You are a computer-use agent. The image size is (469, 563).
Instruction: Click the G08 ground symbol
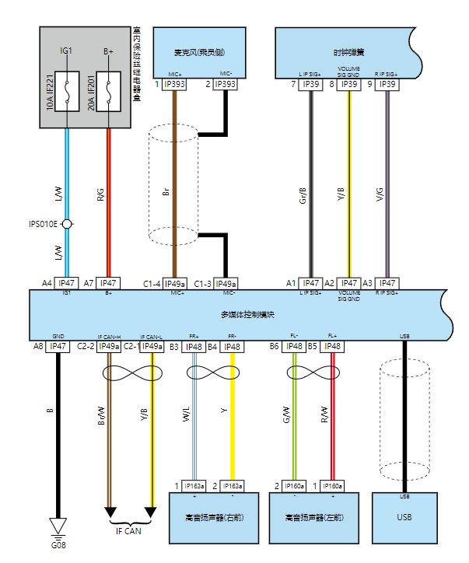click(x=58, y=526)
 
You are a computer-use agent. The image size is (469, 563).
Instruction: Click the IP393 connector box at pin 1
click(x=173, y=84)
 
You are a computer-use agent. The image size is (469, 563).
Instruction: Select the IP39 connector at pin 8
click(x=349, y=84)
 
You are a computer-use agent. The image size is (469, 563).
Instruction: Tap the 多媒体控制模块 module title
click(x=243, y=315)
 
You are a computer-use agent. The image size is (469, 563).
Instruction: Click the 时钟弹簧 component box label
click(x=349, y=53)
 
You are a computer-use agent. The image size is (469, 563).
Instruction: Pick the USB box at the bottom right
click(x=404, y=517)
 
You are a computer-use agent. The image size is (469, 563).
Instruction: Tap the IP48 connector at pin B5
click(x=332, y=346)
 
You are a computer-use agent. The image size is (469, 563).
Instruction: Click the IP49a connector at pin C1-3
click(x=226, y=284)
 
